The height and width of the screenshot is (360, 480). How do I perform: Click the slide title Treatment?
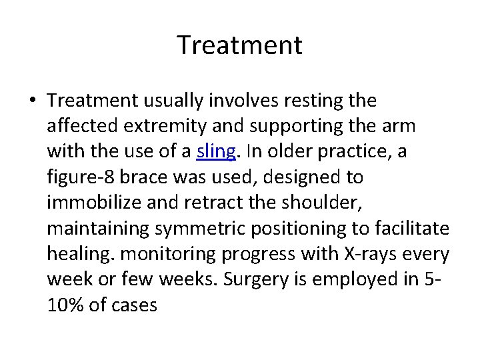[240, 45]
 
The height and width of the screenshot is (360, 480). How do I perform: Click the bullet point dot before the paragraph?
[33, 101]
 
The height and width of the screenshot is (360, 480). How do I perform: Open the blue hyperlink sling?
[216, 152]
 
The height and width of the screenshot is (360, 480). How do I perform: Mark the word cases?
[134, 305]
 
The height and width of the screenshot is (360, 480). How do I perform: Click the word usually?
[173, 101]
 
